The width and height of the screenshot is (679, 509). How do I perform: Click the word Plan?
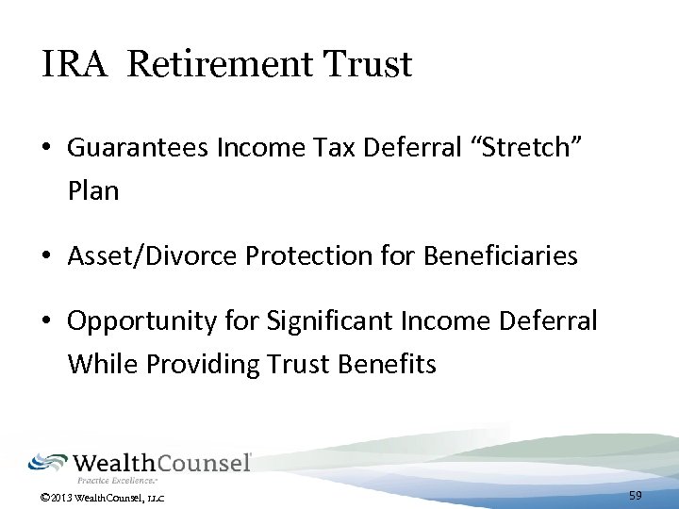(93, 191)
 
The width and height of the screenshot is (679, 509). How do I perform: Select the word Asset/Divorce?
(143, 255)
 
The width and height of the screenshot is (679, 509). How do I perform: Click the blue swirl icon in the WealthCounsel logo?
(47, 463)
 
